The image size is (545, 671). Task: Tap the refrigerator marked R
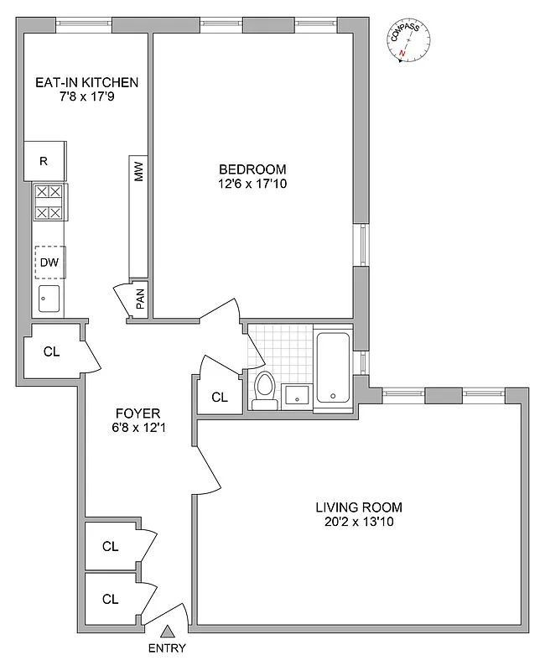click(44, 160)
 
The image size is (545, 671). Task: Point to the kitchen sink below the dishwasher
click(48, 299)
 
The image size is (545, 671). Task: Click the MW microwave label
click(139, 173)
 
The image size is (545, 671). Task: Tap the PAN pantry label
click(140, 299)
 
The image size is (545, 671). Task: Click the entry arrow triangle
click(167, 632)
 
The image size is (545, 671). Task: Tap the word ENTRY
click(167, 648)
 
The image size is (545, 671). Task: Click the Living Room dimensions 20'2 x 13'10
click(359, 522)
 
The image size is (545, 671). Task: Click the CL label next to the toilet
click(220, 397)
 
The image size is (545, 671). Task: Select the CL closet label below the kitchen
click(51, 351)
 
